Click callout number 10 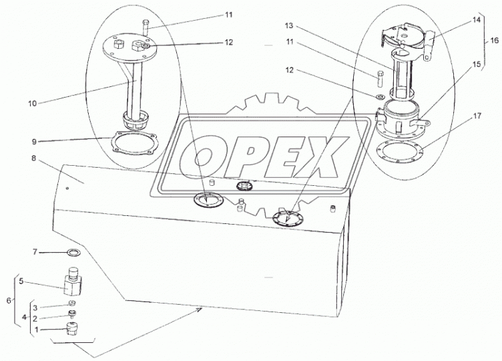coord(32,104)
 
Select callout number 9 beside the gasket coord(34,142)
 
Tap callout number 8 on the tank coord(34,159)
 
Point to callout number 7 coord(35,252)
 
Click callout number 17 coord(477,116)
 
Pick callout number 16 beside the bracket coord(494,40)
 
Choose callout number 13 coord(289,25)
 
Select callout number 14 coord(477,20)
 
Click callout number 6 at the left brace coord(9,300)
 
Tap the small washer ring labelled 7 coord(73,252)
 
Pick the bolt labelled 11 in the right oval coord(380,78)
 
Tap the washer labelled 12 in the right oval coord(381,96)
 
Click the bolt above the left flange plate coord(145,27)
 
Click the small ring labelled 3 coord(72,303)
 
